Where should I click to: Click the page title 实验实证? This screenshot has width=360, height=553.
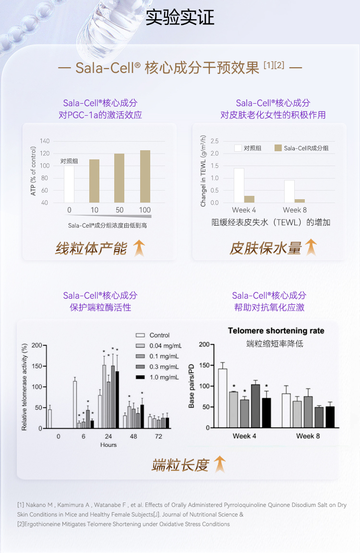click(x=180, y=17)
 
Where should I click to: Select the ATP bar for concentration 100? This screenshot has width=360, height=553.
click(x=144, y=176)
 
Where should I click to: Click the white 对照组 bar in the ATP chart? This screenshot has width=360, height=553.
click(x=69, y=184)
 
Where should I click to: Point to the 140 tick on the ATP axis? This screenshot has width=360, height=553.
click(x=45, y=141)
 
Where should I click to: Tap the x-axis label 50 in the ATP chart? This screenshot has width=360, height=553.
click(x=120, y=210)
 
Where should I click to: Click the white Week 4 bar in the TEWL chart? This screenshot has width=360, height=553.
click(x=239, y=185)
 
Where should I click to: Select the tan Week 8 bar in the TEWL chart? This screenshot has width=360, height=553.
click(x=300, y=201)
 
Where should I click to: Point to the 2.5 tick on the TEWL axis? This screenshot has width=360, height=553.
click(x=214, y=141)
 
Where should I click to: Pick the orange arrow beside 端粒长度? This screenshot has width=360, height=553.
click(x=219, y=464)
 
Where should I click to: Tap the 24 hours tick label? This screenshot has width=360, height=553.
click(x=108, y=436)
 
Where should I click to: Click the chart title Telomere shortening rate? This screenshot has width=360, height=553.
click(x=276, y=331)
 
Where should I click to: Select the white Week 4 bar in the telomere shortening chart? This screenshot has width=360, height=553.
click(x=223, y=398)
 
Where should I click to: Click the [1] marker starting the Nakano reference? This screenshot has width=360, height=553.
click(x=21, y=505)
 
